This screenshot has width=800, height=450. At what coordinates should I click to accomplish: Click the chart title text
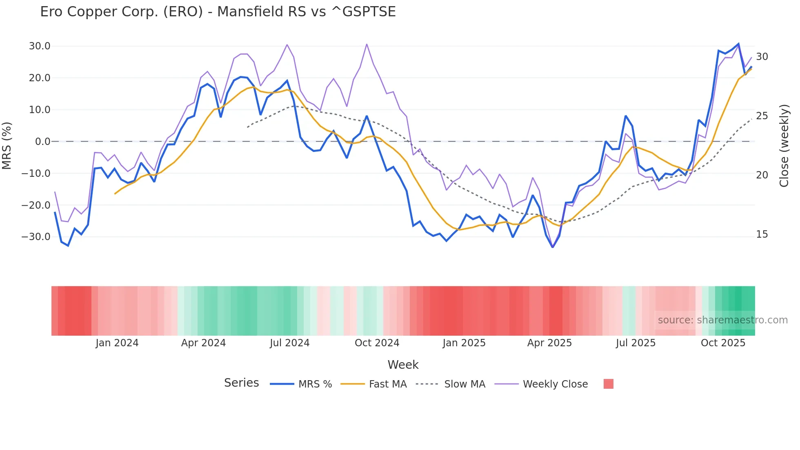pyautogui.click(x=218, y=12)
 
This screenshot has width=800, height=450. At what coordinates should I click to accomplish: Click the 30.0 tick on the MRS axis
pyautogui.click(x=40, y=46)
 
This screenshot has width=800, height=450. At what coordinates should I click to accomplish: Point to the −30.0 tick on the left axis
pyautogui.click(x=36, y=237)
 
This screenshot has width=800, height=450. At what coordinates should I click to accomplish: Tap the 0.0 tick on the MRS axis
pyautogui.click(x=42, y=142)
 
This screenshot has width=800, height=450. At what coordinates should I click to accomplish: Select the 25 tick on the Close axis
pyautogui.click(x=762, y=116)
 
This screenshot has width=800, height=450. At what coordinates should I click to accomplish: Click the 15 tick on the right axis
pyautogui.click(x=762, y=234)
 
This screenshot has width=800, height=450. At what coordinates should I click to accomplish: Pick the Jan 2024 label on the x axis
pyautogui.click(x=117, y=343)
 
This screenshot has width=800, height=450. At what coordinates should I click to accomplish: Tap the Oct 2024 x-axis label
pyautogui.click(x=377, y=343)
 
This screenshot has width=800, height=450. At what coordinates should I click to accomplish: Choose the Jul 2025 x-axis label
pyautogui.click(x=636, y=343)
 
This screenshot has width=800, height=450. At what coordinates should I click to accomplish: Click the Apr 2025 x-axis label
pyautogui.click(x=549, y=343)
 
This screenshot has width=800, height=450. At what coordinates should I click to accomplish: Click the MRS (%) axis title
pyautogui.click(x=7, y=146)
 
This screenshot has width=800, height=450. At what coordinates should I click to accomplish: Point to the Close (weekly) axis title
pyautogui.click(x=784, y=146)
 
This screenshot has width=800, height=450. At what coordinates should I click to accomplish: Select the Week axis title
pyautogui.click(x=403, y=365)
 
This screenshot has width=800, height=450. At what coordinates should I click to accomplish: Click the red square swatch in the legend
pyautogui.click(x=608, y=384)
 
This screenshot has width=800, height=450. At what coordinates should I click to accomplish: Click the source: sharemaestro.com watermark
pyautogui.click(x=722, y=320)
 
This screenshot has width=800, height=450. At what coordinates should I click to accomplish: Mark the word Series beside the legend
pyautogui.click(x=241, y=383)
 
